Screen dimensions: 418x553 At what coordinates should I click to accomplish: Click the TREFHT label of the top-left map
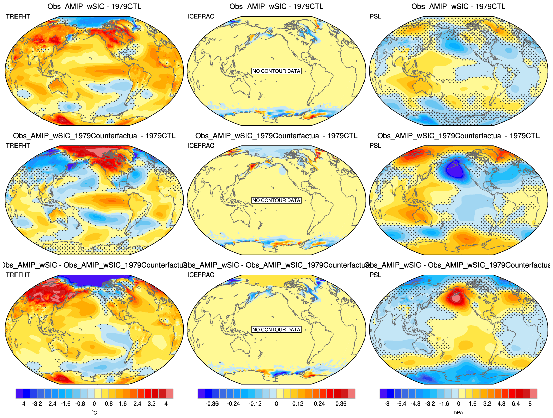pyautogui.click(x=18, y=16)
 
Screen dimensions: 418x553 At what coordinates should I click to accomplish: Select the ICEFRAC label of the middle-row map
pyautogui.click(x=201, y=146)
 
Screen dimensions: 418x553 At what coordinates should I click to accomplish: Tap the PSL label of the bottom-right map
pyautogui.click(x=375, y=275)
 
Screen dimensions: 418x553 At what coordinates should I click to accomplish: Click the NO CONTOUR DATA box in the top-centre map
pyautogui.click(x=276, y=71)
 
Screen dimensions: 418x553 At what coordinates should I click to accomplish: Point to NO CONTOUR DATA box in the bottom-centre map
pyautogui.click(x=276, y=330)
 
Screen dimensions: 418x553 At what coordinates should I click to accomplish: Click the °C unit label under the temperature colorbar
pyautogui.click(x=94, y=413)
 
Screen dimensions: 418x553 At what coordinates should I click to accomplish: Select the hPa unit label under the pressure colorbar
pyautogui.click(x=458, y=413)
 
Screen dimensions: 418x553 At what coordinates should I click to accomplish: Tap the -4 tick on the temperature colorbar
pyautogui.click(x=23, y=404)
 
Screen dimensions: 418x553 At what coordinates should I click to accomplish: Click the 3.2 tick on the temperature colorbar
pyautogui.click(x=152, y=404)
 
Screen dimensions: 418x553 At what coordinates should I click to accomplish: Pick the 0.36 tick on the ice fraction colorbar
pyautogui.click(x=341, y=404)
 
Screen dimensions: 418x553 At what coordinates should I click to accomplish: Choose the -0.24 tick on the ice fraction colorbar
pyautogui.click(x=233, y=404)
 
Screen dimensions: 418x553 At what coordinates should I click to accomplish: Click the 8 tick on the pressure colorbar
pyautogui.click(x=530, y=404)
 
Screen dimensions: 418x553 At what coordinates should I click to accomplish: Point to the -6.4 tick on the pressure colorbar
pyautogui.click(x=401, y=404)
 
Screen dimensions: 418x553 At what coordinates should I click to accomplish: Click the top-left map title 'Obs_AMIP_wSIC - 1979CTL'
pyautogui.click(x=94, y=6)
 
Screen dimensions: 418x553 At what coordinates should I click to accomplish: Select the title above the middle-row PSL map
pyautogui.click(x=458, y=136)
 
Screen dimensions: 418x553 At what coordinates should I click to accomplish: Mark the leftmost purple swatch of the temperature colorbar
pyautogui.click(x=19, y=394)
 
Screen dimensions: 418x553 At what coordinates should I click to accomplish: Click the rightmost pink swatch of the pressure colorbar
pyautogui.click(x=533, y=394)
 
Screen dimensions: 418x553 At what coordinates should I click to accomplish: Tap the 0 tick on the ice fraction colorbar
pyautogui.click(x=276, y=404)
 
